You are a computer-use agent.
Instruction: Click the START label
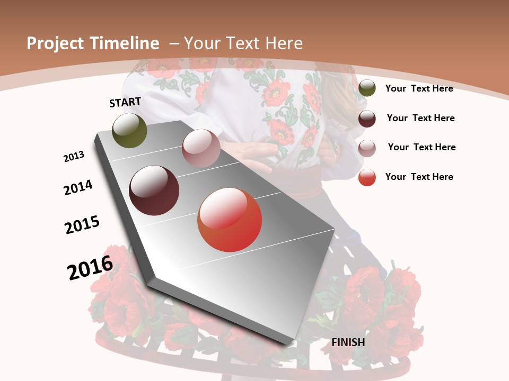pyautogui.click(x=125, y=102)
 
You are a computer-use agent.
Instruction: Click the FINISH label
pyautogui.click(x=348, y=342)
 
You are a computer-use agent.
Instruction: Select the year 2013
pyautogui.click(x=74, y=156)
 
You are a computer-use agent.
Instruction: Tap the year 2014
pyautogui.click(x=78, y=187)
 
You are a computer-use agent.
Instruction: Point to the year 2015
pyautogui.click(x=82, y=225)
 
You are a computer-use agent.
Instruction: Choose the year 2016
pyautogui.click(x=90, y=267)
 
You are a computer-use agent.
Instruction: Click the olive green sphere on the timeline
pyautogui.click(x=129, y=130)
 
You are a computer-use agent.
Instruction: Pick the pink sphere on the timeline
pyautogui.click(x=201, y=148)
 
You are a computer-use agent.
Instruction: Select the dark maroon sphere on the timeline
pyautogui.click(x=154, y=190)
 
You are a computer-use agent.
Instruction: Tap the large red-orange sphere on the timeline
pyautogui.click(x=230, y=220)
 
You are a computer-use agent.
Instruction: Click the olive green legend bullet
pyautogui.click(x=367, y=88)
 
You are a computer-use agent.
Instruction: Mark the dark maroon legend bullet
pyautogui.click(x=367, y=119)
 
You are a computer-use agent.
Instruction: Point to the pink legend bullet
pyautogui.click(x=367, y=148)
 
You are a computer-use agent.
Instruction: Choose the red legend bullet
pyautogui.click(x=367, y=177)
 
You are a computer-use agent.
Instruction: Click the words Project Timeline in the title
pyautogui.click(x=93, y=43)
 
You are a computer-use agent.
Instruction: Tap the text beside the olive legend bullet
pyautogui.click(x=419, y=88)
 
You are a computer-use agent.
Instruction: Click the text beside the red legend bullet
pyautogui.click(x=419, y=177)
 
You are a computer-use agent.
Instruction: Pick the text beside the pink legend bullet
pyautogui.click(x=422, y=147)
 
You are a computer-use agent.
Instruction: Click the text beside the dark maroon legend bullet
pyautogui.click(x=420, y=118)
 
